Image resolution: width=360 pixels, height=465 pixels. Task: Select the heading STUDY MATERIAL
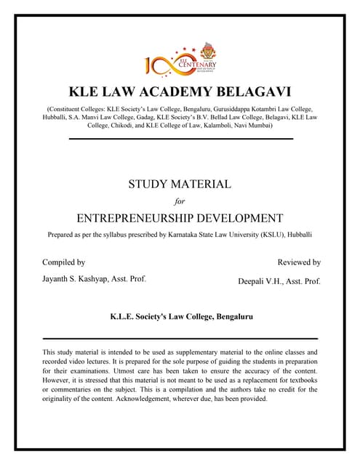click(180, 184)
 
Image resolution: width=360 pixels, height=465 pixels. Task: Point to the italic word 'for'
click(180, 201)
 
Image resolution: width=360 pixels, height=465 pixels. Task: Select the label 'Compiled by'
click(63, 262)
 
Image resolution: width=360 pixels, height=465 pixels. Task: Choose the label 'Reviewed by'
click(299, 262)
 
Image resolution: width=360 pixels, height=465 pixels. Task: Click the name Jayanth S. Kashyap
click(80, 279)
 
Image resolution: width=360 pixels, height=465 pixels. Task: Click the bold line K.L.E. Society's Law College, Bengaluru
click(180, 317)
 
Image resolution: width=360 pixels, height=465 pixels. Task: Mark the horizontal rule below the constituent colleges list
click(180, 138)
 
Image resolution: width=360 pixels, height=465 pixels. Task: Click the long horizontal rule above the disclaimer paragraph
click(180, 339)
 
